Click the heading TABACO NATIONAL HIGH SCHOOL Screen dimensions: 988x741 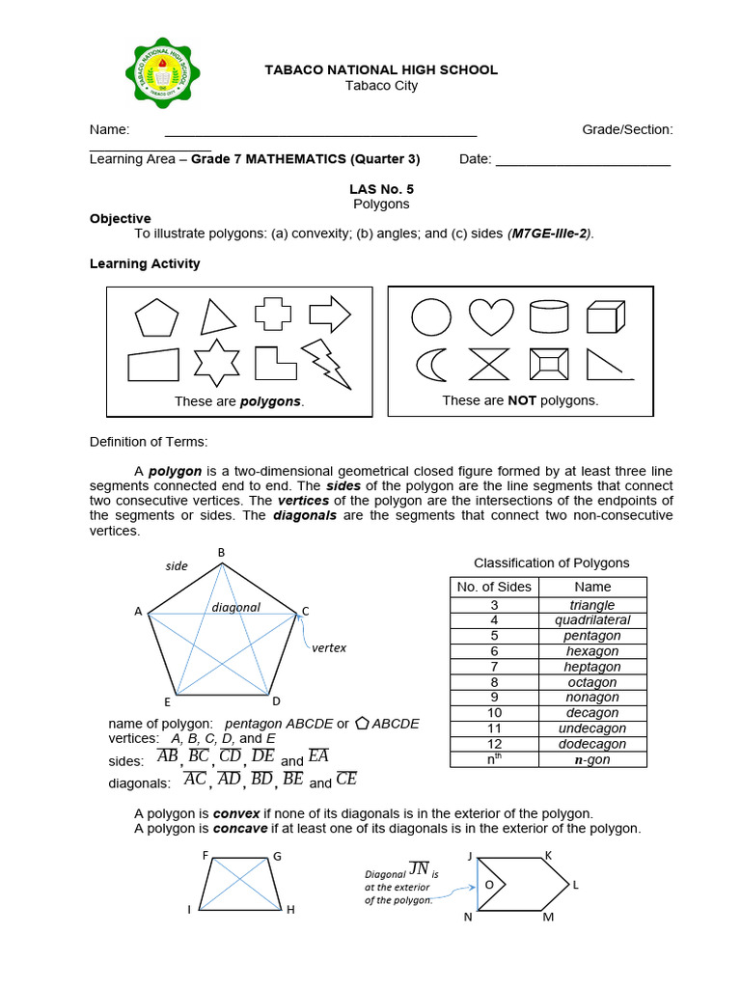click(x=381, y=69)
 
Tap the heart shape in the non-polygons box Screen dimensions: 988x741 click(x=491, y=316)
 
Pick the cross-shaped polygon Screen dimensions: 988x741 click(x=272, y=316)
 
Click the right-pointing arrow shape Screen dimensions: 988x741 click(x=330, y=314)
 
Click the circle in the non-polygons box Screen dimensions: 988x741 click(x=429, y=316)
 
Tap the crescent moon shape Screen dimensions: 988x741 click(x=428, y=364)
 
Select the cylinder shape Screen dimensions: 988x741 click(x=549, y=316)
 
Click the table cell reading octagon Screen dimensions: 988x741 click(x=592, y=682)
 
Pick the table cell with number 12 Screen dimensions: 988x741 click(x=494, y=744)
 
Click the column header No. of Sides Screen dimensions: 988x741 click(x=494, y=587)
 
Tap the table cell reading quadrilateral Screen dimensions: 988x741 click(x=592, y=620)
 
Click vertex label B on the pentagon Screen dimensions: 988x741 click(x=221, y=552)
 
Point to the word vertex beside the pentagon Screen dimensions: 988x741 click(x=329, y=648)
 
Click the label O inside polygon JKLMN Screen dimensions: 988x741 click(x=488, y=885)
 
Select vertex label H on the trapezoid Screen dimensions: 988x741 click(x=289, y=910)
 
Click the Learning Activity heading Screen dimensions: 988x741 click(x=145, y=263)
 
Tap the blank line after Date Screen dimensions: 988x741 click(x=583, y=165)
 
